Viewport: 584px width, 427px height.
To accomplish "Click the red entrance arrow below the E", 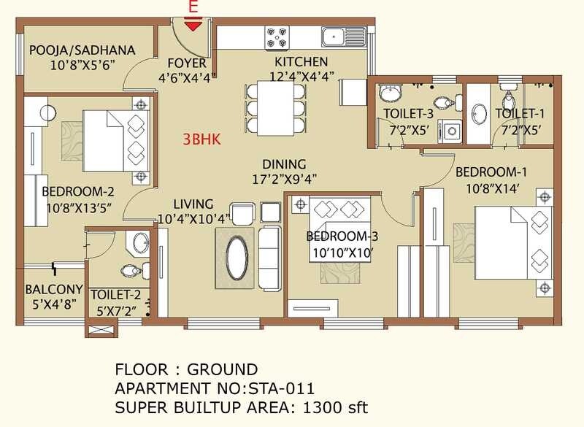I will point(193,26).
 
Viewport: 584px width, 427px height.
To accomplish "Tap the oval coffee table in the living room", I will point(236,258).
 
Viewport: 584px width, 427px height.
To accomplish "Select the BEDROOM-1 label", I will point(493,172).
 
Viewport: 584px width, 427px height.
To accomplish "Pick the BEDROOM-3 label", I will point(342,236).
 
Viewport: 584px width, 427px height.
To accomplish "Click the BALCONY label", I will point(53,289).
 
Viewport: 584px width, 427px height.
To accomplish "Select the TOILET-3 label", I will point(408,113).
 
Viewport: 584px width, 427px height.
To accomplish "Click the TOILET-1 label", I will point(520,113).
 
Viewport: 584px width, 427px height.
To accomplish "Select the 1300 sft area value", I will point(339,407).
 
